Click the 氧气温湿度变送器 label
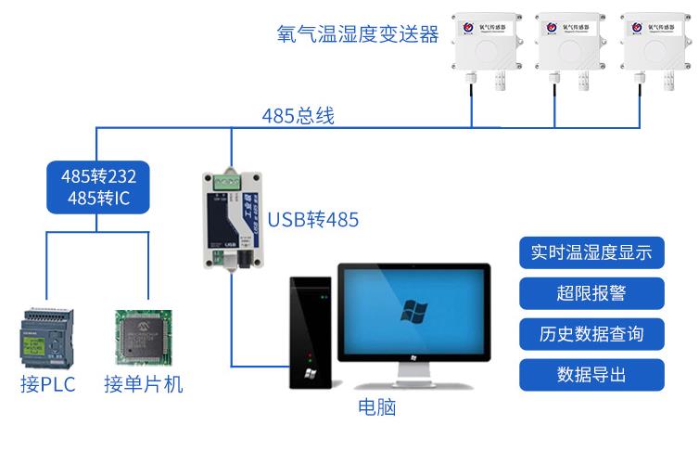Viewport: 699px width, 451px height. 357,34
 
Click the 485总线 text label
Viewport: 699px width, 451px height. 298,117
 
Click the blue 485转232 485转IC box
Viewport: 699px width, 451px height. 97,186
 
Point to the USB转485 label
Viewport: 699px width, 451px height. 312,221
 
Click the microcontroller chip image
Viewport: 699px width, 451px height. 144,340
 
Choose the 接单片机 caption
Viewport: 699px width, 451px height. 144,384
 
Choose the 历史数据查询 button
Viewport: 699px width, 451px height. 591,333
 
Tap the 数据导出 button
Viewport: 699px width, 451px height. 591,374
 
